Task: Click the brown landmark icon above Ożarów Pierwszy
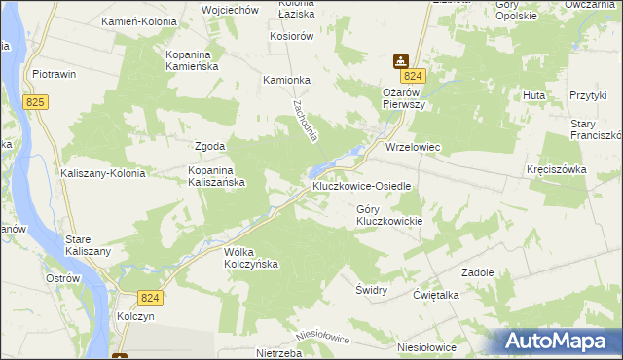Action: [x=400, y=60]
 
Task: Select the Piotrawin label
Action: [x=55, y=74]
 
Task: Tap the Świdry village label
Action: [x=372, y=290]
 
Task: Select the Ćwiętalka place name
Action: [x=435, y=295]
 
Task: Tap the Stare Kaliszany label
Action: [x=88, y=244]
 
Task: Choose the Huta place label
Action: [x=532, y=95]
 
